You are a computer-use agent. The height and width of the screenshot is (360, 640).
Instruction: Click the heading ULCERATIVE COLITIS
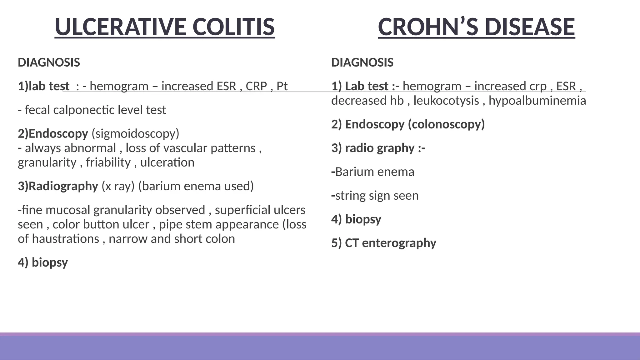tap(165, 27)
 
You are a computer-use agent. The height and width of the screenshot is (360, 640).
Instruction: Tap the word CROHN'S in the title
tap(427, 27)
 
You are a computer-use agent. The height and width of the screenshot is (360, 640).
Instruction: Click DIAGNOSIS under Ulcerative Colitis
tap(49, 62)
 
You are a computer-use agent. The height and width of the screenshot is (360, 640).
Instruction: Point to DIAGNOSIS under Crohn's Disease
tap(362, 62)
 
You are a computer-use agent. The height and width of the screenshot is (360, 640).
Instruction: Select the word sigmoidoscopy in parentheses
tap(135, 134)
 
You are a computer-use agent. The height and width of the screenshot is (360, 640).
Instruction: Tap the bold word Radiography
tap(63, 186)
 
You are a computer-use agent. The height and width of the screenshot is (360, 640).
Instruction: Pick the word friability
tap(108, 162)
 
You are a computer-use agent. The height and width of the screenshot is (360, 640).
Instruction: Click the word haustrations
tap(65, 239)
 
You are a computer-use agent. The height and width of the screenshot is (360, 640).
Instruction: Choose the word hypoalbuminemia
tap(537, 101)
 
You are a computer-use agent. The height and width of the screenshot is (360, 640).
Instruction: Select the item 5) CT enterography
tap(383, 243)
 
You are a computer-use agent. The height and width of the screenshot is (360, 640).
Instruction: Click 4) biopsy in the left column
tap(43, 262)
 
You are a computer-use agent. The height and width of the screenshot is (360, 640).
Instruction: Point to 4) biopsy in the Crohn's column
tap(356, 219)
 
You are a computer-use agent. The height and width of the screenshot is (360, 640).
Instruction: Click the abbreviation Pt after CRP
tap(282, 86)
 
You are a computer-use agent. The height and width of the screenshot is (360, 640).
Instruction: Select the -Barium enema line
tap(373, 172)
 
